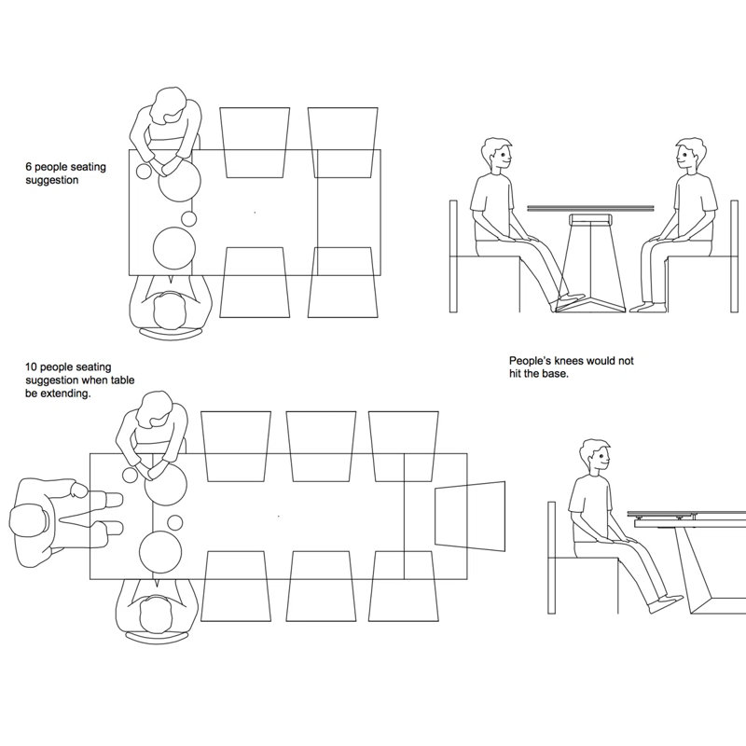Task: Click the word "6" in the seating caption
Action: tap(29, 167)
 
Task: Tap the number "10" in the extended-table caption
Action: tap(31, 367)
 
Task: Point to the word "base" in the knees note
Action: tap(558, 374)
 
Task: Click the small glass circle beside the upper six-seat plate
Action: tap(144, 172)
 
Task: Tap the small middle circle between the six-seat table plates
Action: tap(189, 218)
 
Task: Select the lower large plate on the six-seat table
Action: tap(174, 248)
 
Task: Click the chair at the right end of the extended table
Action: tap(470, 517)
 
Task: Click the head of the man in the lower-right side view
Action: tap(595, 457)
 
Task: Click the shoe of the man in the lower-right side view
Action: tap(665, 603)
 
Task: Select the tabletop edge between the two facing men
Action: tap(590, 208)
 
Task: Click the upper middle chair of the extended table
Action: tap(321, 447)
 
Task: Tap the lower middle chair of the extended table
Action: tap(321, 587)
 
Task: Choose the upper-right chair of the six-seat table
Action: tap(343, 143)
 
